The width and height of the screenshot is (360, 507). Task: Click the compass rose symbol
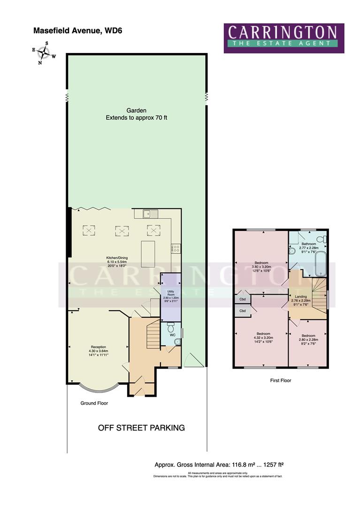tap(44, 52)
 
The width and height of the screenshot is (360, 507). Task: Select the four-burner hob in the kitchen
tap(176, 248)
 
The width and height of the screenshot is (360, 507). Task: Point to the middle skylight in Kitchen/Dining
tap(122, 230)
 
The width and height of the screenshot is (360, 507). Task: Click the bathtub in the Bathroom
tap(322, 264)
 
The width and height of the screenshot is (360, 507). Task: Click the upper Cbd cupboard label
tap(243, 299)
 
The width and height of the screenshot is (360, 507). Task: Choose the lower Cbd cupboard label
tap(243, 311)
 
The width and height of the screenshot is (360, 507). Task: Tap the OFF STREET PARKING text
tap(141, 428)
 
